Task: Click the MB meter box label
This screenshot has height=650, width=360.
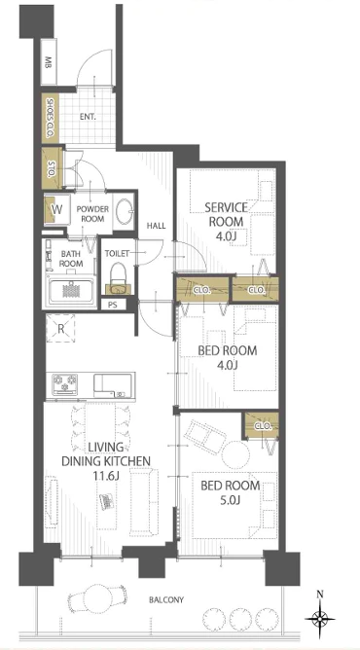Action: click(49, 64)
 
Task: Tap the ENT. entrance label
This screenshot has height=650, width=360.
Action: click(88, 117)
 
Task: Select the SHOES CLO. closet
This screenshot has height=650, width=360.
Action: click(50, 118)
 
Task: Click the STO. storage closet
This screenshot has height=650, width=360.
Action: click(52, 167)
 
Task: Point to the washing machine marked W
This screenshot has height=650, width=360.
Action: click(57, 209)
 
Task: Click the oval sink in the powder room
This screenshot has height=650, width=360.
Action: click(123, 211)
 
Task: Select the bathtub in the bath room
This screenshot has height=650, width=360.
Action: click(70, 291)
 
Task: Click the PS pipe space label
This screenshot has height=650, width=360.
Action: click(112, 305)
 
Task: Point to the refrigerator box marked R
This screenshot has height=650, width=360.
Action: click(60, 329)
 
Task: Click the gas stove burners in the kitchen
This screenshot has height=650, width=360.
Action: click(65, 383)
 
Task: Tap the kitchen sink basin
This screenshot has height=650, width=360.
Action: click(106, 382)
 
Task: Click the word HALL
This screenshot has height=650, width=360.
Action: click(157, 226)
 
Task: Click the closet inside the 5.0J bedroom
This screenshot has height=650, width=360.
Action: click(261, 425)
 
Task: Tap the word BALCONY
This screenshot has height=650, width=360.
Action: click(166, 599)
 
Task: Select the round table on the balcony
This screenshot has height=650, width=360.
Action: click(96, 598)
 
